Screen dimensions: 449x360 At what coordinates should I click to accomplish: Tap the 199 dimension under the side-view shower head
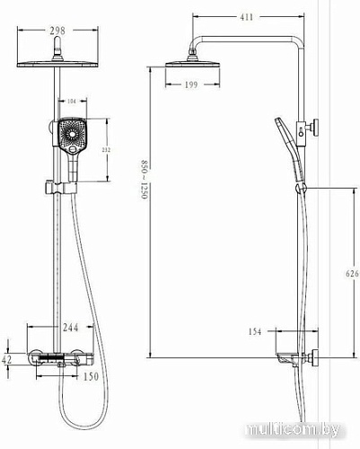click(x=190, y=85)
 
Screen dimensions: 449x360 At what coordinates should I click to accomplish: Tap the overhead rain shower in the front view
click(x=57, y=61)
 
